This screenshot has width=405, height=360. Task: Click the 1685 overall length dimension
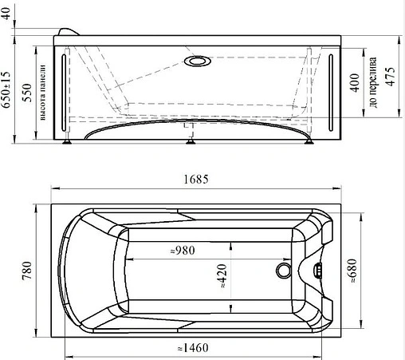(196, 180)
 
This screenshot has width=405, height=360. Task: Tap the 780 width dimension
(27, 271)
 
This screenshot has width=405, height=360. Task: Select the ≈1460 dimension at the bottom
(193, 348)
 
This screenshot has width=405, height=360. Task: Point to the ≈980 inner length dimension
(183, 251)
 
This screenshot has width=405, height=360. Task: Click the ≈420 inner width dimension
(222, 276)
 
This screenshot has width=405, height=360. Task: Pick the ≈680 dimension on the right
(352, 271)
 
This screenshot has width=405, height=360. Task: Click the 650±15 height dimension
(6, 89)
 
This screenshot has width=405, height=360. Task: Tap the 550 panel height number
(27, 93)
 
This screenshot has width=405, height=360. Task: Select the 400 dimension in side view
(355, 83)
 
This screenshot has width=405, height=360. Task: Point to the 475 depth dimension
(390, 77)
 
